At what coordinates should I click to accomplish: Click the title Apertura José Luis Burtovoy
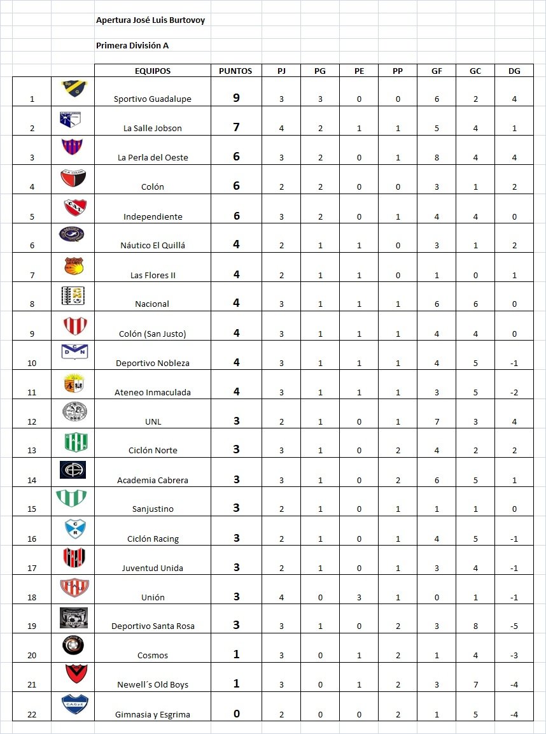(150, 20)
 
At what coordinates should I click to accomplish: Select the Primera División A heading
(132, 45)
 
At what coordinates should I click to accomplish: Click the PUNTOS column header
(235, 71)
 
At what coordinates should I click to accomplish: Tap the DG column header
(514, 71)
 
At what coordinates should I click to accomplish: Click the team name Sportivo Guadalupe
(153, 99)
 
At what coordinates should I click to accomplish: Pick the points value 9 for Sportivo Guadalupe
(236, 98)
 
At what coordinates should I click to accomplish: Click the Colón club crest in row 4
(73, 177)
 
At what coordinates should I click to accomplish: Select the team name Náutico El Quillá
(153, 245)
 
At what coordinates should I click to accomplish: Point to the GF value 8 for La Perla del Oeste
(437, 157)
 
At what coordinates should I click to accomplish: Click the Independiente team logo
(73, 207)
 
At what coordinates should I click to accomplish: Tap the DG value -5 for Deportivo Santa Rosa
(514, 626)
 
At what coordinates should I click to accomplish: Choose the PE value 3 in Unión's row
(359, 597)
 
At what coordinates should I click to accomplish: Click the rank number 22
(32, 714)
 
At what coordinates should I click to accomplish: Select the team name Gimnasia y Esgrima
(153, 714)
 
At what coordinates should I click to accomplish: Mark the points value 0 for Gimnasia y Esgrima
(236, 714)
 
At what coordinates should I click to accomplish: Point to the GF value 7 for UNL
(437, 421)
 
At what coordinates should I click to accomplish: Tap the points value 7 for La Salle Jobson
(236, 127)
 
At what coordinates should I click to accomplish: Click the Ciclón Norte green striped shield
(73, 441)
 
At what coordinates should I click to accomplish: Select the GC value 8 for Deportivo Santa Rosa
(475, 626)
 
